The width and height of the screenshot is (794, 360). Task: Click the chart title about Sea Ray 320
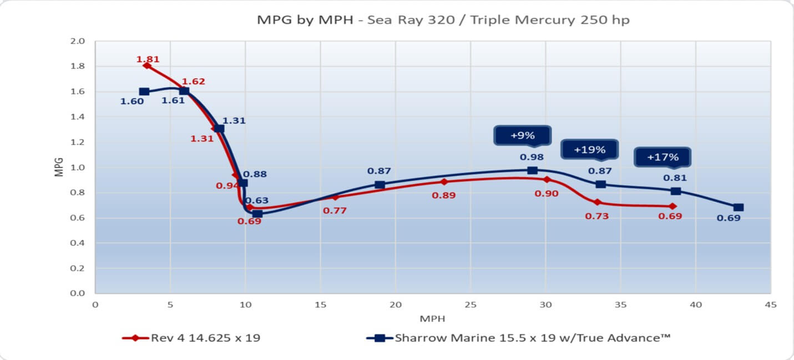[x=443, y=20]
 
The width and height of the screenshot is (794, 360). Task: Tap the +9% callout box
[x=522, y=135]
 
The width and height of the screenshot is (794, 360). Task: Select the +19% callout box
[x=589, y=149]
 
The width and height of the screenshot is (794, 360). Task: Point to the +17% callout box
[x=662, y=157]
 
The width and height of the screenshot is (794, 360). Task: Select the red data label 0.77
[x=335, y=210]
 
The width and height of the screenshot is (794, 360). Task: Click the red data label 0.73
[x=596, y=216]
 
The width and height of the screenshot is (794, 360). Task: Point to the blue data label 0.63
[x=257, y=200]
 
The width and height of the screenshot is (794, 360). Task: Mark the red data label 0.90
[x=547, y=194]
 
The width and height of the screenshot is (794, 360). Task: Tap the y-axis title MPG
[x=59, y=167]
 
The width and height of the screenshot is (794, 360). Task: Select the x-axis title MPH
[x=432, y=318]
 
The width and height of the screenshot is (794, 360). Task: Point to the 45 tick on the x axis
[x=770, y=305]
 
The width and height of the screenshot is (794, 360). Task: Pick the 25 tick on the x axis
[x=470, y=305]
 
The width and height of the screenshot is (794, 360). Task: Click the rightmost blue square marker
[x=738, y=207]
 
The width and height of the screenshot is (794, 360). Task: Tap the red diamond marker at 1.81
[x=147, y=65]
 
